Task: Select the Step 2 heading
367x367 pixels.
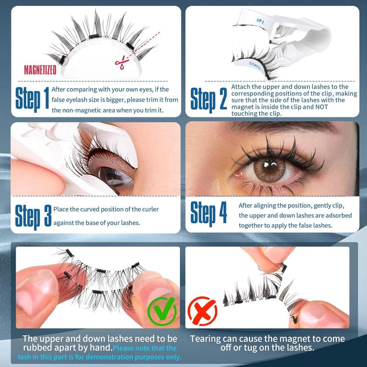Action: tap(209, 98)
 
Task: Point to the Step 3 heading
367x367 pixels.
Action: tap(33, 215)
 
